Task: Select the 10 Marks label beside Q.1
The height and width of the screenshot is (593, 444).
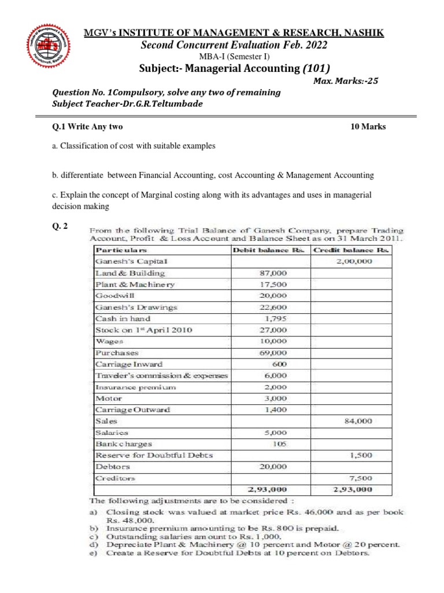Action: (x=368, y=127)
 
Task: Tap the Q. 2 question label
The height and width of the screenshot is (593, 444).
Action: (x=60, y=227)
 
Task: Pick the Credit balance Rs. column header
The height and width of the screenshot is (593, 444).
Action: (x=351, y=250)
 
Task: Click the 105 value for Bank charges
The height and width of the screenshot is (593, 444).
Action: (x=280, y=444)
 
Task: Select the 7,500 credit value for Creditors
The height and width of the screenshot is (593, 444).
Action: (x=360, y=478)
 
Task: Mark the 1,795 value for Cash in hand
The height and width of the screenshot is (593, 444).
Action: (x=276, y=319)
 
